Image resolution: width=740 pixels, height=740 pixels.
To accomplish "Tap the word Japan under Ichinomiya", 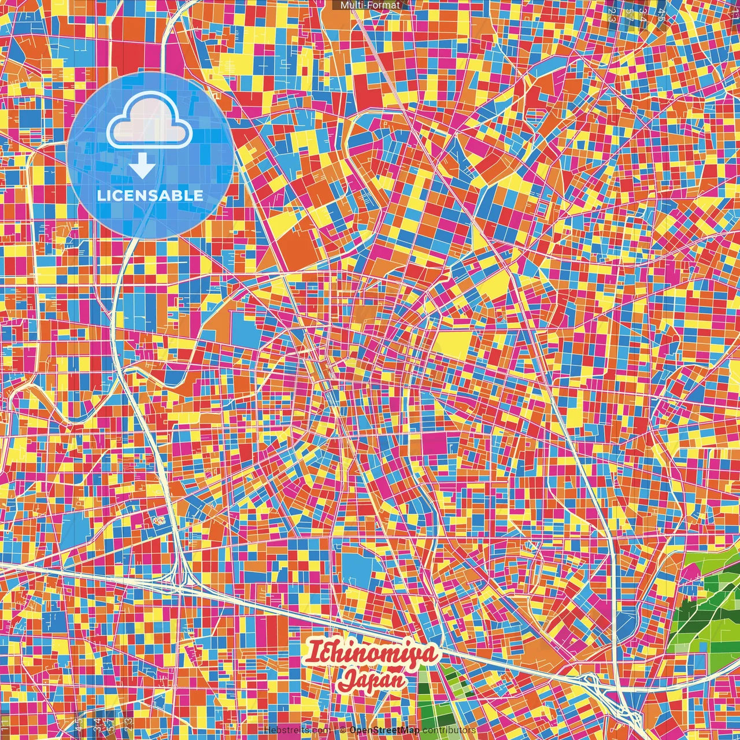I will pyautogui.click(x=373, y=679).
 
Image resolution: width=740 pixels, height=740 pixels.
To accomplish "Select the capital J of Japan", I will pyautogui.click(x=348, y=680).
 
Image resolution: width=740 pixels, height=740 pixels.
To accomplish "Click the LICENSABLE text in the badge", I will pyautogui.click(x=150, y=195).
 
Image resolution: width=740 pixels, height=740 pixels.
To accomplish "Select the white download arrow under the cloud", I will pyautogui.click(x=142, y=167).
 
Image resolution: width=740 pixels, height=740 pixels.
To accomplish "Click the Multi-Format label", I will pyautogui.click(x=370, y=5).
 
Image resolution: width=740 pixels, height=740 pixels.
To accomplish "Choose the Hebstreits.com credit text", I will pyautogui.click(x=297, y=730).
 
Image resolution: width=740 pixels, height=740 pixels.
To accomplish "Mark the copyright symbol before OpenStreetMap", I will pyautogui.click(x=342, y=730).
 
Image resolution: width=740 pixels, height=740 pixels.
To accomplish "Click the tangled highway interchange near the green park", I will pyautogui.click(x=595, y=685).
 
